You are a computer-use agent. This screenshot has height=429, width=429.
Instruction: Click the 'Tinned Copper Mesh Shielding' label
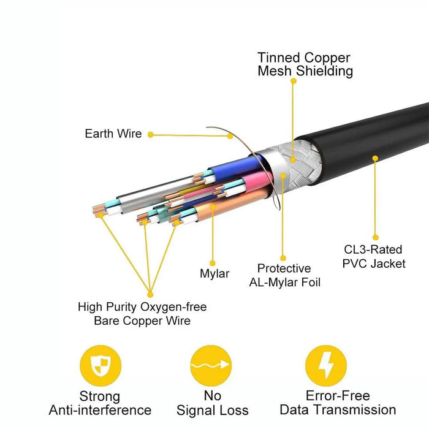click(305, 64)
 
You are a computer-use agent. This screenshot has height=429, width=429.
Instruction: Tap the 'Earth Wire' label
click(113, 134)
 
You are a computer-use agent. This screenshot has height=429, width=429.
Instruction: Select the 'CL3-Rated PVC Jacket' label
click(373, 257)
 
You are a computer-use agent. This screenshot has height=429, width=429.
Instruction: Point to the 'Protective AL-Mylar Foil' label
click(284, 275)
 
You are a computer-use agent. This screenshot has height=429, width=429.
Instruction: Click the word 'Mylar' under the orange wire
click(214, 273)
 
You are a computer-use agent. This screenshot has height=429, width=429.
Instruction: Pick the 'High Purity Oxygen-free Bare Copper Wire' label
click(142, 313)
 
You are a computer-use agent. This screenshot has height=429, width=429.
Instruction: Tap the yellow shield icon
click(101, 366)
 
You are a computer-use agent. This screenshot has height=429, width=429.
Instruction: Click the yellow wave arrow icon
click(211, 366)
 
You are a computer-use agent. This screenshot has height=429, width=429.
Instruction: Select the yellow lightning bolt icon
click(326, 366)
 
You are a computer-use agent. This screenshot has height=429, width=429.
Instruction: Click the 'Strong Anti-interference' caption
click(100, 403)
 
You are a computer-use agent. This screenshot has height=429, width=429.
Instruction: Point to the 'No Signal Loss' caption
click(212, 403)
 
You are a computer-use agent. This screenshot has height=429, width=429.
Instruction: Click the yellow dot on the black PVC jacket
click(375, 158)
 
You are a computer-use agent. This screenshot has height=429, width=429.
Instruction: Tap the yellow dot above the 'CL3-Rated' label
click(375, 237)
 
